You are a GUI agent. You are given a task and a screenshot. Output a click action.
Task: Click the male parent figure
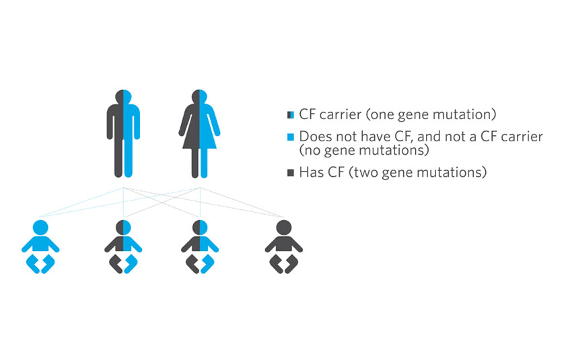(123, 134)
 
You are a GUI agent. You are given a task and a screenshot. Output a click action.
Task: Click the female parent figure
(200, 134)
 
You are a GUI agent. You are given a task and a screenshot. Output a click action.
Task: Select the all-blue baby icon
(40, 247)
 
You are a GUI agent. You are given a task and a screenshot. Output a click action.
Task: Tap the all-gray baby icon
(284, 247)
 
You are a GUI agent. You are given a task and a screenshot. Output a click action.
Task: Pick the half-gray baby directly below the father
(123, 247)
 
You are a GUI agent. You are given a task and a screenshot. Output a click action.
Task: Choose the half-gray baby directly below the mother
(200, 247)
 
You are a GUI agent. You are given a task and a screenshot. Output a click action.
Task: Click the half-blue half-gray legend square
(291, 115)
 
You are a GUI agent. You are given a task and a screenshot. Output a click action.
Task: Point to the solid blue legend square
(291, 137)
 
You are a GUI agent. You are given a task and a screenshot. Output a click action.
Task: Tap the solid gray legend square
(291, 173)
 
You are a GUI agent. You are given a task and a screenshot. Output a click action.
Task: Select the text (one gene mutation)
(431, 115)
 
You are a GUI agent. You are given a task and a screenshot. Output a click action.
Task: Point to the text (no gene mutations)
(364, 150)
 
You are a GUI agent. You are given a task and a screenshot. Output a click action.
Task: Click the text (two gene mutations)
(418, 173)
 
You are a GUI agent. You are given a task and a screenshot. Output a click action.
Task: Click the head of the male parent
(123, 97)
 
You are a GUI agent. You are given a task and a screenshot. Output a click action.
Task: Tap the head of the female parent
(200, 97)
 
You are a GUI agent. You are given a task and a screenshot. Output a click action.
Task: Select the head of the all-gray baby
(284, 227)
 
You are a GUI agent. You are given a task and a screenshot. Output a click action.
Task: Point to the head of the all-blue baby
(40, 227)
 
